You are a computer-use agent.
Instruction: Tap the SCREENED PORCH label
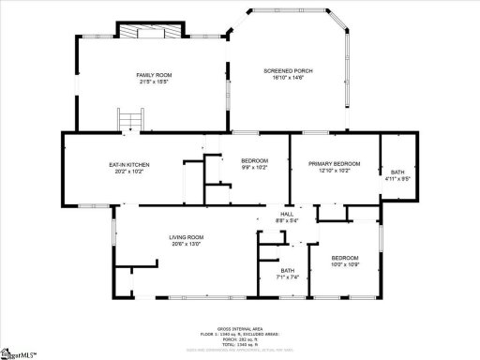pos(287,71)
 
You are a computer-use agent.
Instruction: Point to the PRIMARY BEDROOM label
pos(335,164)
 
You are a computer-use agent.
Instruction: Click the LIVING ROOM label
pos(187,237)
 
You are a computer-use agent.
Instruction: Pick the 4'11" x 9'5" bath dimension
pos(397,177)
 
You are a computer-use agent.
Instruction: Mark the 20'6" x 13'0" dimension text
pos(187,245)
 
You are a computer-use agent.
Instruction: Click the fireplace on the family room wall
pos(149,33)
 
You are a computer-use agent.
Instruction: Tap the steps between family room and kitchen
pos(129,121)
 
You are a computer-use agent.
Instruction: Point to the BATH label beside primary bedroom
pos(397,171)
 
